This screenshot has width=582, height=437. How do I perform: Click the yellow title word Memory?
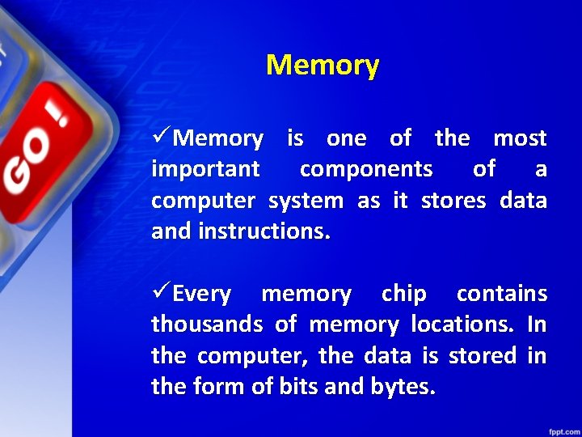322,65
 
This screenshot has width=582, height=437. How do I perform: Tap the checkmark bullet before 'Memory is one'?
161,138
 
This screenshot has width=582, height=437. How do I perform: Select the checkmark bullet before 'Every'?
161,293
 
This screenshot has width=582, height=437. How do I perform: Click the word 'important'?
205,169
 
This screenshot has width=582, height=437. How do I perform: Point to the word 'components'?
365,169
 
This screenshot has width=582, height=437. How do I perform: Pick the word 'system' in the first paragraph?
306,201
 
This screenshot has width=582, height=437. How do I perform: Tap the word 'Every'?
202,294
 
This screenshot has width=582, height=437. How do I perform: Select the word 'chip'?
403,294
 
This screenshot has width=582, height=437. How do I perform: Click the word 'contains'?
501,294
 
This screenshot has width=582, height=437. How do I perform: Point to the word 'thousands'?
206,325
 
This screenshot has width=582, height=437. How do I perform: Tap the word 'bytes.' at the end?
403,387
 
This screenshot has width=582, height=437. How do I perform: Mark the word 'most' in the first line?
520,138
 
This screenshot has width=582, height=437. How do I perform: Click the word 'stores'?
454,201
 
